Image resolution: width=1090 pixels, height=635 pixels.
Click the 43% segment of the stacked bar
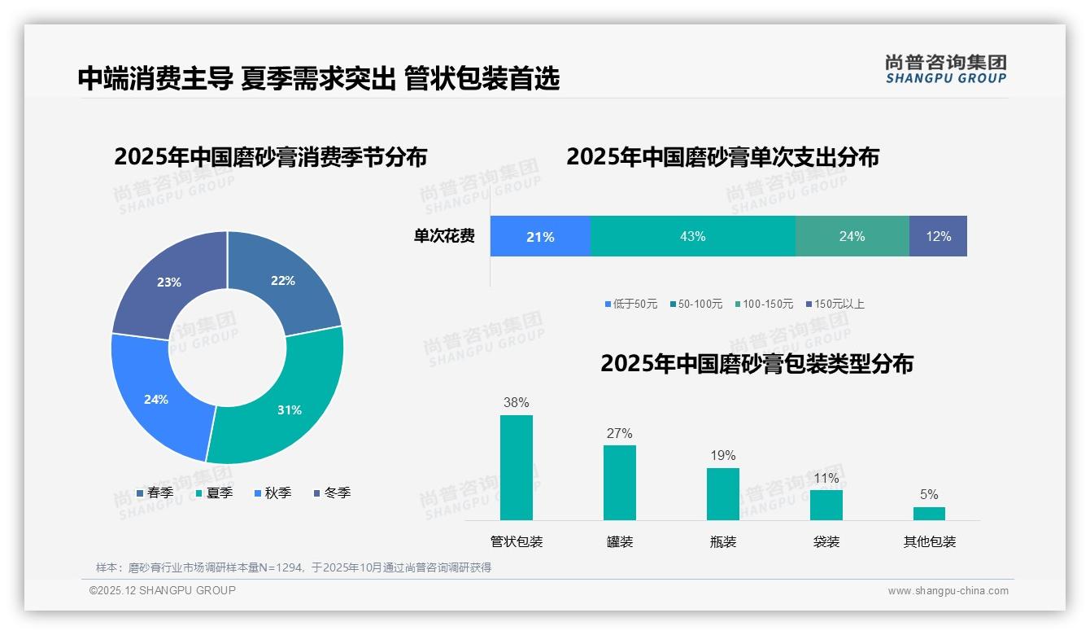click(692, 236)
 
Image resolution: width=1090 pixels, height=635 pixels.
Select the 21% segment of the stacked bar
click(540, 236)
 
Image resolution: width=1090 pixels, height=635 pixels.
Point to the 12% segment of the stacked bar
click(938, 236)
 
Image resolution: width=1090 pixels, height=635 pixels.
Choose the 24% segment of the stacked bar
click(852, 236)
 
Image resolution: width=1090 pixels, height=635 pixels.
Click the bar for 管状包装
click(516, 467)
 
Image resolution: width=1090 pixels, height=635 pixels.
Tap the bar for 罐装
click(619, 482)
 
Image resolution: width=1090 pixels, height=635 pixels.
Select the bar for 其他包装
click(929, 513)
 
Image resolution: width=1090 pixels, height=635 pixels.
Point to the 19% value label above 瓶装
click(722, 455)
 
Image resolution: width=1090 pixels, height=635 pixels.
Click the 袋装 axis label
click(826, 541)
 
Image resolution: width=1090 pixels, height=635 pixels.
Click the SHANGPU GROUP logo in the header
click(945, 68)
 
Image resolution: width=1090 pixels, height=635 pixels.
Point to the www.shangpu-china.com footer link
click(948, 591)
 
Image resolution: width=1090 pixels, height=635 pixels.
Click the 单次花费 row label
click(444, 236)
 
